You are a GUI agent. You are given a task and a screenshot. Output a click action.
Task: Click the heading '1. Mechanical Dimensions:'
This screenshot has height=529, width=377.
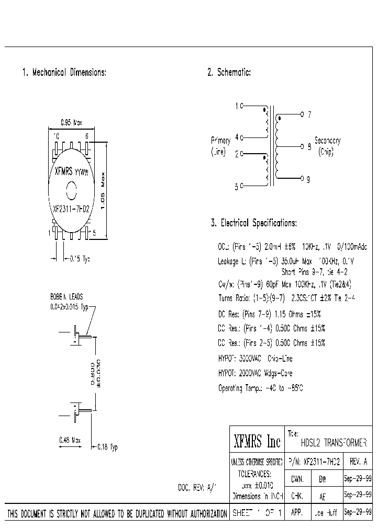[64, 73]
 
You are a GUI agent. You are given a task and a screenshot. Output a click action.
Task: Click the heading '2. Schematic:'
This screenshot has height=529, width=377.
[229, 73]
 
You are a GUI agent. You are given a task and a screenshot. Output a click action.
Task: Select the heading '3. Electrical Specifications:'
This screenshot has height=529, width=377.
[254, 223]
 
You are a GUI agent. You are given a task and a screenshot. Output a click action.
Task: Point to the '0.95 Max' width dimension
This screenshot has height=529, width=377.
[71, 123]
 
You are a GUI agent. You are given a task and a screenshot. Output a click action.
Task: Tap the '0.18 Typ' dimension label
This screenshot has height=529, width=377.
[107, 447]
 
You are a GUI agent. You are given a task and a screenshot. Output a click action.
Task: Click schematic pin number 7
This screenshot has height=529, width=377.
[309, 114]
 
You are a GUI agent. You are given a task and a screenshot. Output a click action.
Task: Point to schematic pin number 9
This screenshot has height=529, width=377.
[308, 179]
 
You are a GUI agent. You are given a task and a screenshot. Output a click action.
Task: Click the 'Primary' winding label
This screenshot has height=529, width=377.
[220, 141]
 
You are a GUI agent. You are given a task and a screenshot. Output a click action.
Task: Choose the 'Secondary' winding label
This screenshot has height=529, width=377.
[328, 141]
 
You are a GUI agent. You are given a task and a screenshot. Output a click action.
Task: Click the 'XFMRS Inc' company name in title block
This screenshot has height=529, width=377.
[257, 442]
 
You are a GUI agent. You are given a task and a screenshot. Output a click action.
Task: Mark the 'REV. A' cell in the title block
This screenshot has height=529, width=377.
[358, 462]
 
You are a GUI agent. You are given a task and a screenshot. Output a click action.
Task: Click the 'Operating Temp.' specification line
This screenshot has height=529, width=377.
[260, 388]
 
